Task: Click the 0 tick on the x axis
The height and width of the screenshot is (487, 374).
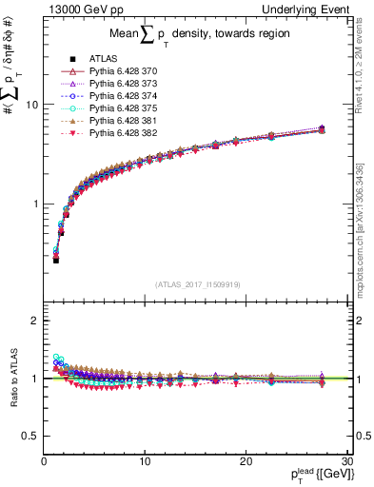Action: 44,460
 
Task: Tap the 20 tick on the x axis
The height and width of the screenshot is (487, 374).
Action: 245,460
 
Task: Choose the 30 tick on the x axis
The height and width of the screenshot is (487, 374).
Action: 344,460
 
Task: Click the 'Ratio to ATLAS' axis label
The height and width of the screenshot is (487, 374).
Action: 11,380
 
